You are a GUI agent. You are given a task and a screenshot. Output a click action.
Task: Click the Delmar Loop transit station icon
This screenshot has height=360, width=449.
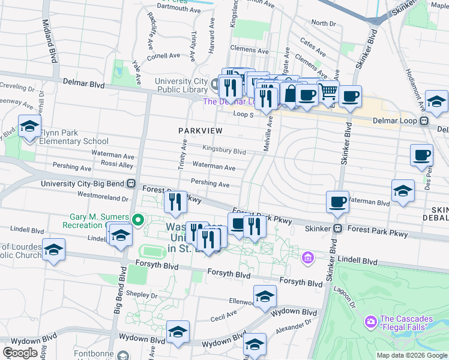424,121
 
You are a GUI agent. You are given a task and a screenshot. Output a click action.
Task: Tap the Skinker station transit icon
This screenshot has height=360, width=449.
337,229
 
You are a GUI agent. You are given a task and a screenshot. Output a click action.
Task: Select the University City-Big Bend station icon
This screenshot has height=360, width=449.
137,184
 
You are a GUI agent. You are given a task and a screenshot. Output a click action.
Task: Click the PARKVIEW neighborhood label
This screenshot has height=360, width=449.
200,131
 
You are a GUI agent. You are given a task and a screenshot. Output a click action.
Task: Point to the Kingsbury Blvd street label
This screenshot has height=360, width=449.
224,152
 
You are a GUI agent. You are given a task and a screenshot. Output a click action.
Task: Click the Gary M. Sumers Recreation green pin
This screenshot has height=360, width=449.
137,220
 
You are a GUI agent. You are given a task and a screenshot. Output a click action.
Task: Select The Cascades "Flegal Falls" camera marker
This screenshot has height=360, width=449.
370,322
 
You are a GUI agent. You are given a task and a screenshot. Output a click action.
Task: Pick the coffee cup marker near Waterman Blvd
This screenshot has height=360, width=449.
337,202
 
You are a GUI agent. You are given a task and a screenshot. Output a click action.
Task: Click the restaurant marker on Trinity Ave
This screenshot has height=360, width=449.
175,202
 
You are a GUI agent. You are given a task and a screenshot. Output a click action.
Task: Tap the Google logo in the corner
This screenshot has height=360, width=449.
19,353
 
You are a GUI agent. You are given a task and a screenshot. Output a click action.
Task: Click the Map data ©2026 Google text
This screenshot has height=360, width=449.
412,355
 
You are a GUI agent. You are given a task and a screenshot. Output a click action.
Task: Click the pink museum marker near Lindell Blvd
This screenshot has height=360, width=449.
308,258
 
